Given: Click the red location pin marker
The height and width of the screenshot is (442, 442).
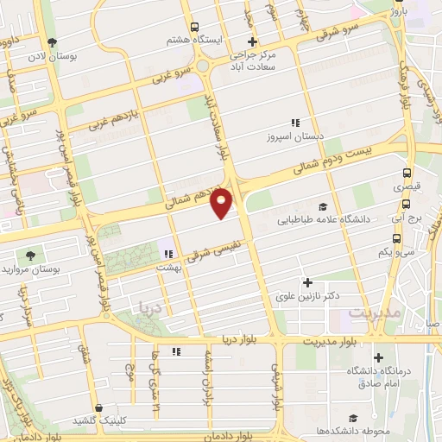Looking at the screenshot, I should pos(223,202).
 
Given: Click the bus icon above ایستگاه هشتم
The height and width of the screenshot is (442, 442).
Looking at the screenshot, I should pos(196,27).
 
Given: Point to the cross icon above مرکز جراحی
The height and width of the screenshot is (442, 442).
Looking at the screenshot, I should pos(252,41).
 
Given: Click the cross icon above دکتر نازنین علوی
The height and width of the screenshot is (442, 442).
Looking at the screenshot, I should pos(307,282).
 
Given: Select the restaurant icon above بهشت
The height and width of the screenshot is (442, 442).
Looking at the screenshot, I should pos(169,254).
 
